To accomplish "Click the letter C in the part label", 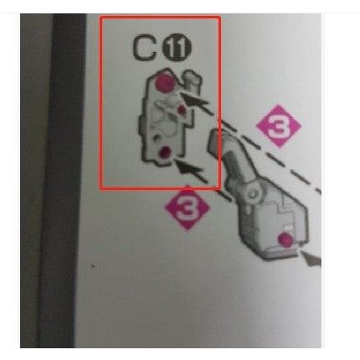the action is click(x=144, y=49).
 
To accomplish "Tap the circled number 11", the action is click(x=177, y=49).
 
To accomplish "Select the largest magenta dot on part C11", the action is click(x=164, y=82).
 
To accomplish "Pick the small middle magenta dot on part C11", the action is click(x=182, y=109).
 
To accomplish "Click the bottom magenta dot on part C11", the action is click(x=164, y=152).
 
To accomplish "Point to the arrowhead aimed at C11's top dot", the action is click(x=195, y=100).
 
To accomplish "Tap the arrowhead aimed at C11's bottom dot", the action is click(x=191, y=167).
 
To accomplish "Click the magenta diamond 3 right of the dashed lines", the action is click(x=278, y=126).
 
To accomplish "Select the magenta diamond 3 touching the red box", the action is click(x=187, y=208).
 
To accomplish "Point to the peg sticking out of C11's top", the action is click(x=191, y=78).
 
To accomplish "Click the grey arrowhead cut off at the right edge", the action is click(x=312, y=259).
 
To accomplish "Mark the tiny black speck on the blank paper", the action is click(x=93, y=265).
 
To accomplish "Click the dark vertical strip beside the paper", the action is click(x=64, y=180).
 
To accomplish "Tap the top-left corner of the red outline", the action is click(x=101, y=18).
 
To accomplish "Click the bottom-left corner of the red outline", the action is click(x=101, y=188).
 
